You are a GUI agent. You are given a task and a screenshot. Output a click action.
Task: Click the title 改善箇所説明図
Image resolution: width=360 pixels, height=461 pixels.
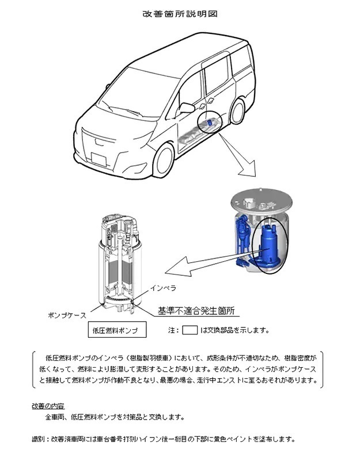click(x=180, y=14)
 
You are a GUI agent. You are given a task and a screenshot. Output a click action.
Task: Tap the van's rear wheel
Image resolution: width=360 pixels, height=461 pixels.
click(x=238, y=111)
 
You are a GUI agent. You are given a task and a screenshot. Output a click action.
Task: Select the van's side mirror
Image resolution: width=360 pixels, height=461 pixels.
click(x=186, y=108)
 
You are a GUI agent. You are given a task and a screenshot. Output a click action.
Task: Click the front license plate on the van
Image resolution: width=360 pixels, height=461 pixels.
click(x=98, y=159)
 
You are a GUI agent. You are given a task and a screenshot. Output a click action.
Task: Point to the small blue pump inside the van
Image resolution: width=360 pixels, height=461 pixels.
click(x=209, y=123)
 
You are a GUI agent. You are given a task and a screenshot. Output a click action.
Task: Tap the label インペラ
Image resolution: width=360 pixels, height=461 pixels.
click(x=164, y=288)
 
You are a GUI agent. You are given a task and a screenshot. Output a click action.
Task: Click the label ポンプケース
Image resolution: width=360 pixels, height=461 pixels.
click(x=67, y=315)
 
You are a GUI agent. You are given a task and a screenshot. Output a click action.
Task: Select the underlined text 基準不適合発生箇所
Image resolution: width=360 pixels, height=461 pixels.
click(x=196, y=311)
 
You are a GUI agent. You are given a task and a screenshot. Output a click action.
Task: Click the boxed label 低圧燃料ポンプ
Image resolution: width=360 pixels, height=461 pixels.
click(x=117, y=330)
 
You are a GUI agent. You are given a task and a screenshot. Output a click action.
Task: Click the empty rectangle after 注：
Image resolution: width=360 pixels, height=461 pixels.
click(x=190, y=330)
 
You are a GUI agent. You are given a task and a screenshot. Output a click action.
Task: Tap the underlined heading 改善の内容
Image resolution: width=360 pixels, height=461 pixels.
click(x=48, y=406)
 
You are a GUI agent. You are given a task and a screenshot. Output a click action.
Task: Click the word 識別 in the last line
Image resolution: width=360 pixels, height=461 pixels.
click(x=38, y=440)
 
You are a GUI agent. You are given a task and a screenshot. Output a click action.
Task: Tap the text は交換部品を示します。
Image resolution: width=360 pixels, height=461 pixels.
click(x=234, y=330)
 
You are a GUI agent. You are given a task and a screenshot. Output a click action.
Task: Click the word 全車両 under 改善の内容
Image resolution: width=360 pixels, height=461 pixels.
click(x=55, y=417)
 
